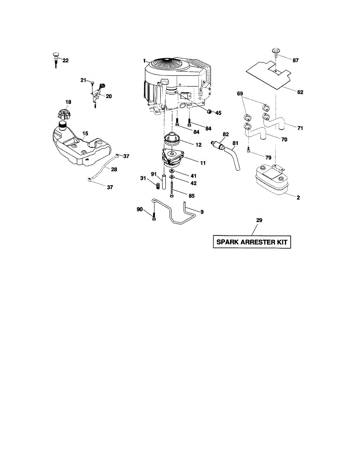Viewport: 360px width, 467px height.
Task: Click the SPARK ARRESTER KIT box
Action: click(252, 242)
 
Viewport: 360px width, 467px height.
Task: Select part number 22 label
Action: click(65, 60)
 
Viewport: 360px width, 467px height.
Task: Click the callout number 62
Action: click(300, 92)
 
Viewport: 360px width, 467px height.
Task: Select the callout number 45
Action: click(218, 113)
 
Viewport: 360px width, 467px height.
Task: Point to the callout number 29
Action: click(259, 220)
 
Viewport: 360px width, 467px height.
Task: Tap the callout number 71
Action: click(300, 128)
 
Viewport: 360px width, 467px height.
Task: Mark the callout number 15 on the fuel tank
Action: click(85, 133)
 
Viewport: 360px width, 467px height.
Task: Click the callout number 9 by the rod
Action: click(202, 212)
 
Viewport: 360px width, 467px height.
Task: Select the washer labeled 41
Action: click(172, 172)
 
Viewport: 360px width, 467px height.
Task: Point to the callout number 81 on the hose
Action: click(235, 142)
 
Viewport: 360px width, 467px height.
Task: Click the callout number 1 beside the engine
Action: click(144, 61)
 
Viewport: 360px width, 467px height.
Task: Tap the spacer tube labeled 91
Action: click(164, 182)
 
